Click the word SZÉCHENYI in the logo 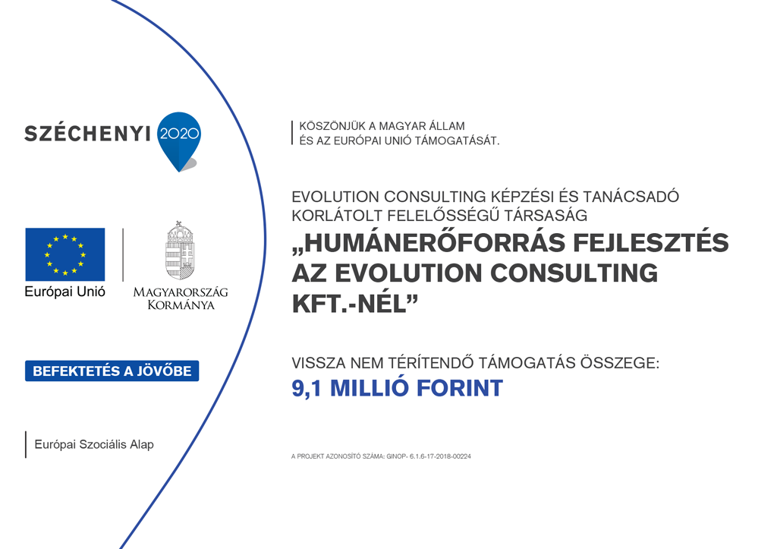coord(87,133)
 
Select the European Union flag coord(65,254)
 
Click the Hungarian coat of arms coord(180,251)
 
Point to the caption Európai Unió coord(65,292)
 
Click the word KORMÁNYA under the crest coord(181,304)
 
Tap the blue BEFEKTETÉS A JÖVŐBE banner coord(112,371)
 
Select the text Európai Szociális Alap coord(94,444)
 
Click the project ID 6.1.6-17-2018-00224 coord(440,456)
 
